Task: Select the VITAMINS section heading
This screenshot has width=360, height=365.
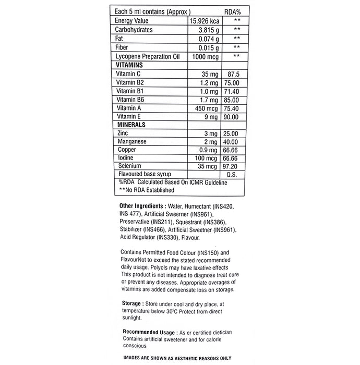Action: (x=129, y=64)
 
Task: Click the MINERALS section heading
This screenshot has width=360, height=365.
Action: (x=130, y=125)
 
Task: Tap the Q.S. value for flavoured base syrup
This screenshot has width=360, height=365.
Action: (x=232, y=174)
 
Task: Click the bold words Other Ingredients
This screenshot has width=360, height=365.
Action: (x=143, y=206)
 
